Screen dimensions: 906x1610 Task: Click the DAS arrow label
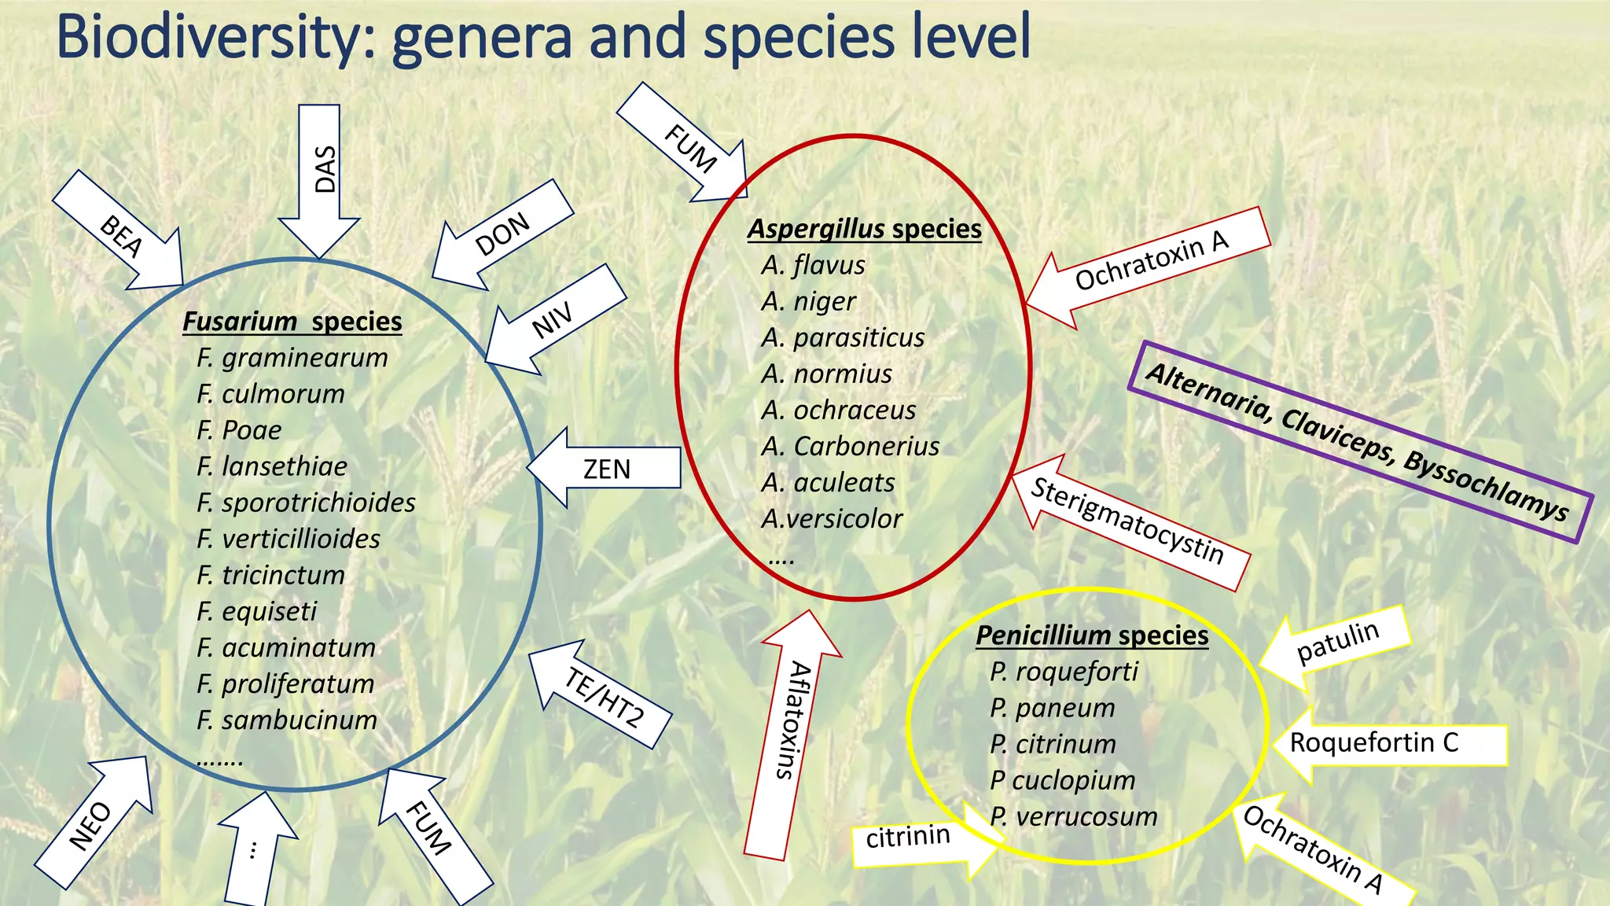[324, 169]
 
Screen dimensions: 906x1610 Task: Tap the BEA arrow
[122, 236]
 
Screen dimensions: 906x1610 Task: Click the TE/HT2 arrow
[604, 696]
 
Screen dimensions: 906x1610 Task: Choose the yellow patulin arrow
[1336, 642]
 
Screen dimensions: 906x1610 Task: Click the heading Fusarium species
[292, 322]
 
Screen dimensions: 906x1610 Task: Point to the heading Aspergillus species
[864, 229]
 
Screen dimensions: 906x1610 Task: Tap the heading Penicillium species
[1092, 635]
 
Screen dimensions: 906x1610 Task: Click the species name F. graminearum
[292, 358]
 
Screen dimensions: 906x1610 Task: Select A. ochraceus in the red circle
[838, 410]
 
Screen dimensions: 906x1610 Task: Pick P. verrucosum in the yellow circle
[1073, 816]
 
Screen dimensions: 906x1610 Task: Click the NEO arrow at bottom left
[93, 826]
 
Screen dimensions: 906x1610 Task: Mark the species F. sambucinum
[287, 720]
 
